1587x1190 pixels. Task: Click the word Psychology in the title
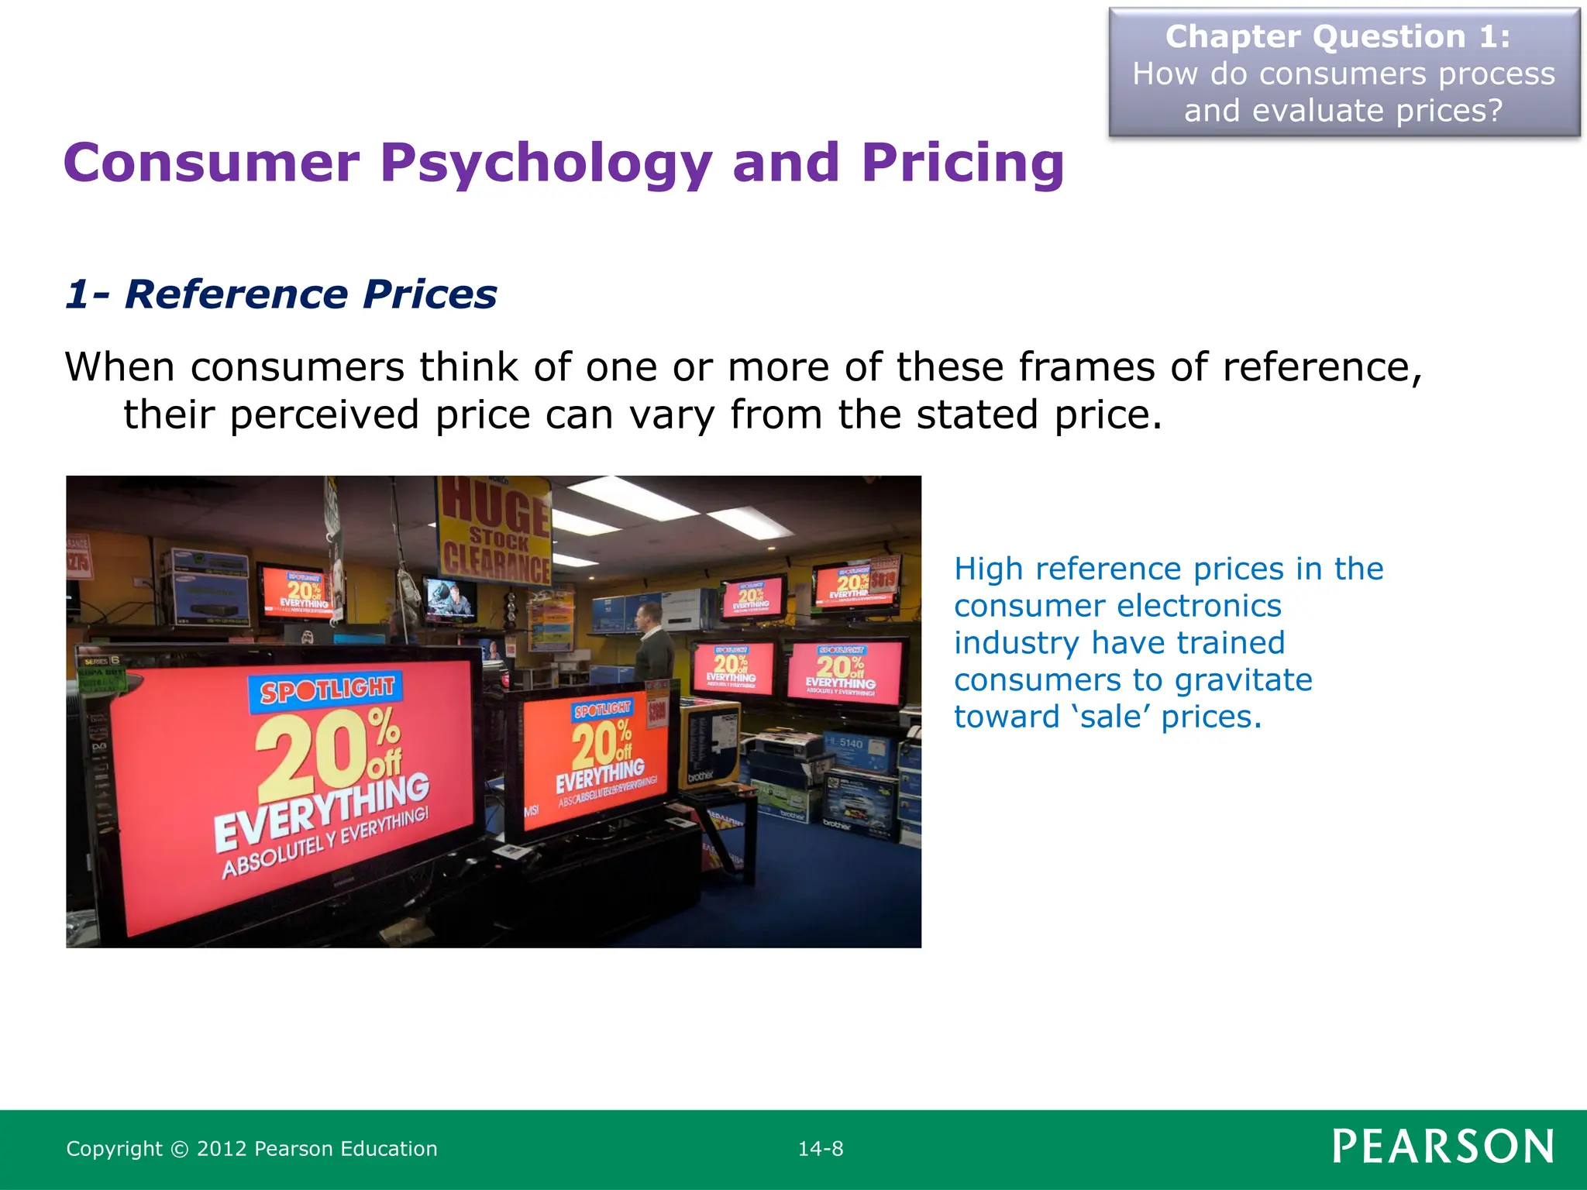(x=545, y=164)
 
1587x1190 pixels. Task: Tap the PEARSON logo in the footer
(x=1442, y=1147)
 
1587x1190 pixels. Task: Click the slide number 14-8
(x=821, y=1148)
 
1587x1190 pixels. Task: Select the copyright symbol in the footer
(x=179, y=1149)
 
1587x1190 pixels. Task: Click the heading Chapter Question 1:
(x=1338, y=37)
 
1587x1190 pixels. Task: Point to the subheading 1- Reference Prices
(x=281, y=294)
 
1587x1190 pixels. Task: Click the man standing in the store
(x=652, y=643)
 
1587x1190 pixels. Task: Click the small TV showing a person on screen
(x=451, y=599)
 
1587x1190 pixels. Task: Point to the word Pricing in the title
(x=962, y=164)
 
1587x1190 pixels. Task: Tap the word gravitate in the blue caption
(x=1243, y=680)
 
